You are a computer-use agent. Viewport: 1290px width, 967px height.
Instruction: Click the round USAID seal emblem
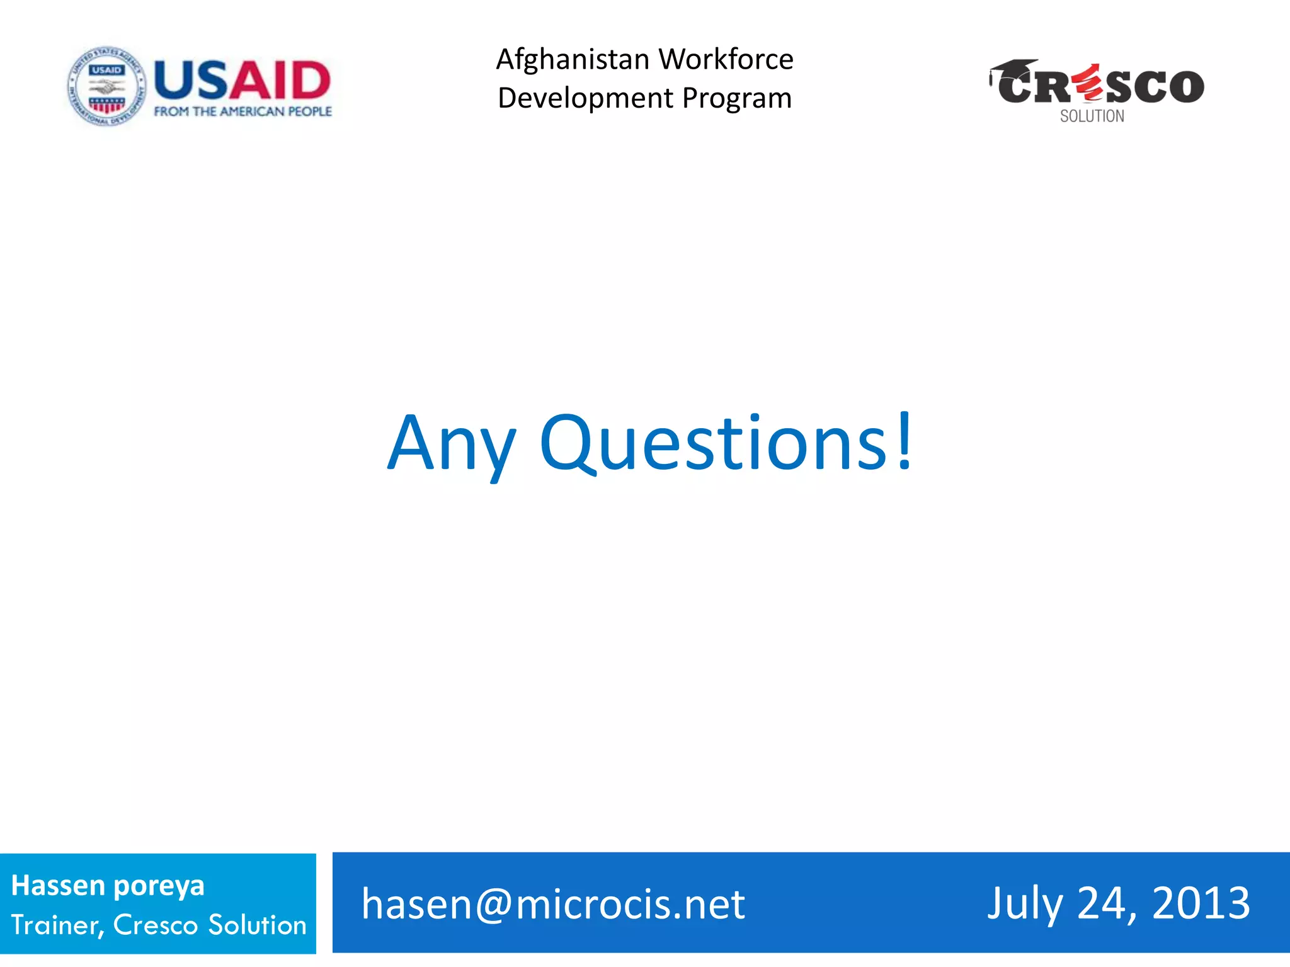[x=106, y=86]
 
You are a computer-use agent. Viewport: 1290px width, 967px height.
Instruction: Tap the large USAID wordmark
[x=243, y=81]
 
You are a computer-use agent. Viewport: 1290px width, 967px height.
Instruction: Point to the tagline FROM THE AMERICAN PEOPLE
[x=243, y=111]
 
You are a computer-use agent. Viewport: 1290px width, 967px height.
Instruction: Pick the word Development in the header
[x=585, y=99]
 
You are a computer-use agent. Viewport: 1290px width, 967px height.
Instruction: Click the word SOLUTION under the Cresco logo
[x=1092, y=116]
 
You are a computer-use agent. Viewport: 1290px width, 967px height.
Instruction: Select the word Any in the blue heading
[x=451, y=444]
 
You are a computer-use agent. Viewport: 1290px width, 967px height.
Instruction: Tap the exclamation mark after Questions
[x=905, y=441]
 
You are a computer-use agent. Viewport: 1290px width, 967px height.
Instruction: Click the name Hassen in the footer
[x=57, y=886]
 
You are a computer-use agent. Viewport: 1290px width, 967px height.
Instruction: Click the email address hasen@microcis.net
[x=553, y=905]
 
